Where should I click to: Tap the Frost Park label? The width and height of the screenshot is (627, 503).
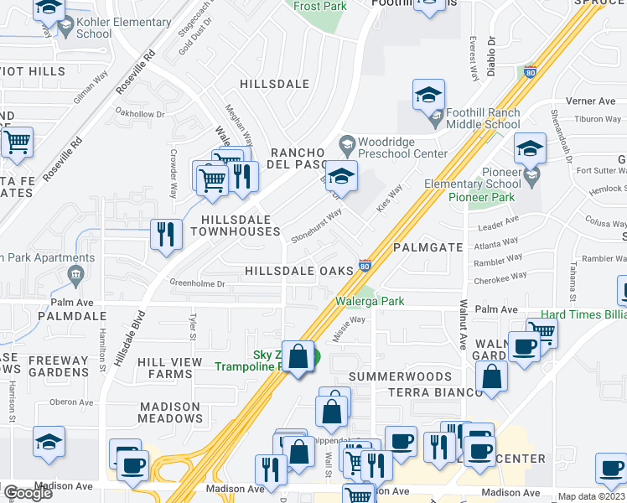pos(319,6)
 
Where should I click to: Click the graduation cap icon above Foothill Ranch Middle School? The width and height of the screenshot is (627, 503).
pos(428,96)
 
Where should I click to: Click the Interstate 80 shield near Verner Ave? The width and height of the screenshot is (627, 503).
pos(529,72)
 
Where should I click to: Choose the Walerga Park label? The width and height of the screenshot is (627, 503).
pos(370,300)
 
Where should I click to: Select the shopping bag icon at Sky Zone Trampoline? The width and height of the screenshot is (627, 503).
pos(298,357)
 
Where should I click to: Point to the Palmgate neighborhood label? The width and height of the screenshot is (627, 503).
pos(427,248)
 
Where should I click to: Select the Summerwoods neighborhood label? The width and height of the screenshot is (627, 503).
pos(400,377)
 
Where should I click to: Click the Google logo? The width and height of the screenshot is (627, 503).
pos(28,493)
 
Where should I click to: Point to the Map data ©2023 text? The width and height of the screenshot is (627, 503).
pos(591,496)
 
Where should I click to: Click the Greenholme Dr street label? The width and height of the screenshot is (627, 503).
pos(198,283)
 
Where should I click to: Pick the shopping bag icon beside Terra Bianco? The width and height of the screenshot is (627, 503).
pos(491,378)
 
